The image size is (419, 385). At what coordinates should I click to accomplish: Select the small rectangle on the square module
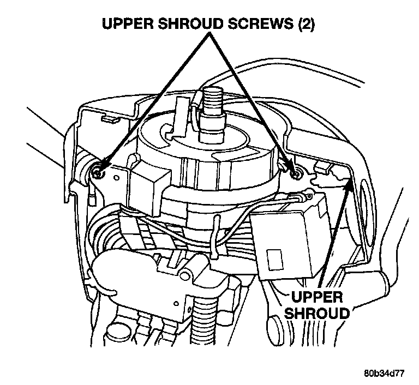(x=273, y=255)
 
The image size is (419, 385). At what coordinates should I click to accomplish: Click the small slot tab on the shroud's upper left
(x=107, y=118)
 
